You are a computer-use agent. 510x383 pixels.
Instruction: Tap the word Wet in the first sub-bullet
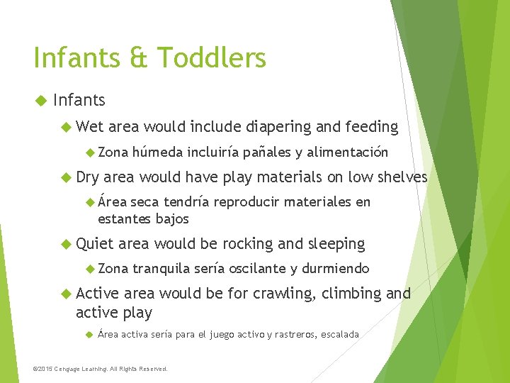[89, 127]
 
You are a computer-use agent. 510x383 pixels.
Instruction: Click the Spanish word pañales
[267, 152]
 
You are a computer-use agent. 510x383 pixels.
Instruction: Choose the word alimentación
[348, 152]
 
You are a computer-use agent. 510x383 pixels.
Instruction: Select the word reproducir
[249, 202]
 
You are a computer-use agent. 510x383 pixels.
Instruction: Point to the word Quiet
[95, 244]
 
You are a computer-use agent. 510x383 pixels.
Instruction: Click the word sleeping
[336, 244]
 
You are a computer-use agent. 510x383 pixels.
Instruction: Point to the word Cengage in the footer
[76, 369]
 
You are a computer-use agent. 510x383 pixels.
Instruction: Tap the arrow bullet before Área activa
[89, 334]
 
